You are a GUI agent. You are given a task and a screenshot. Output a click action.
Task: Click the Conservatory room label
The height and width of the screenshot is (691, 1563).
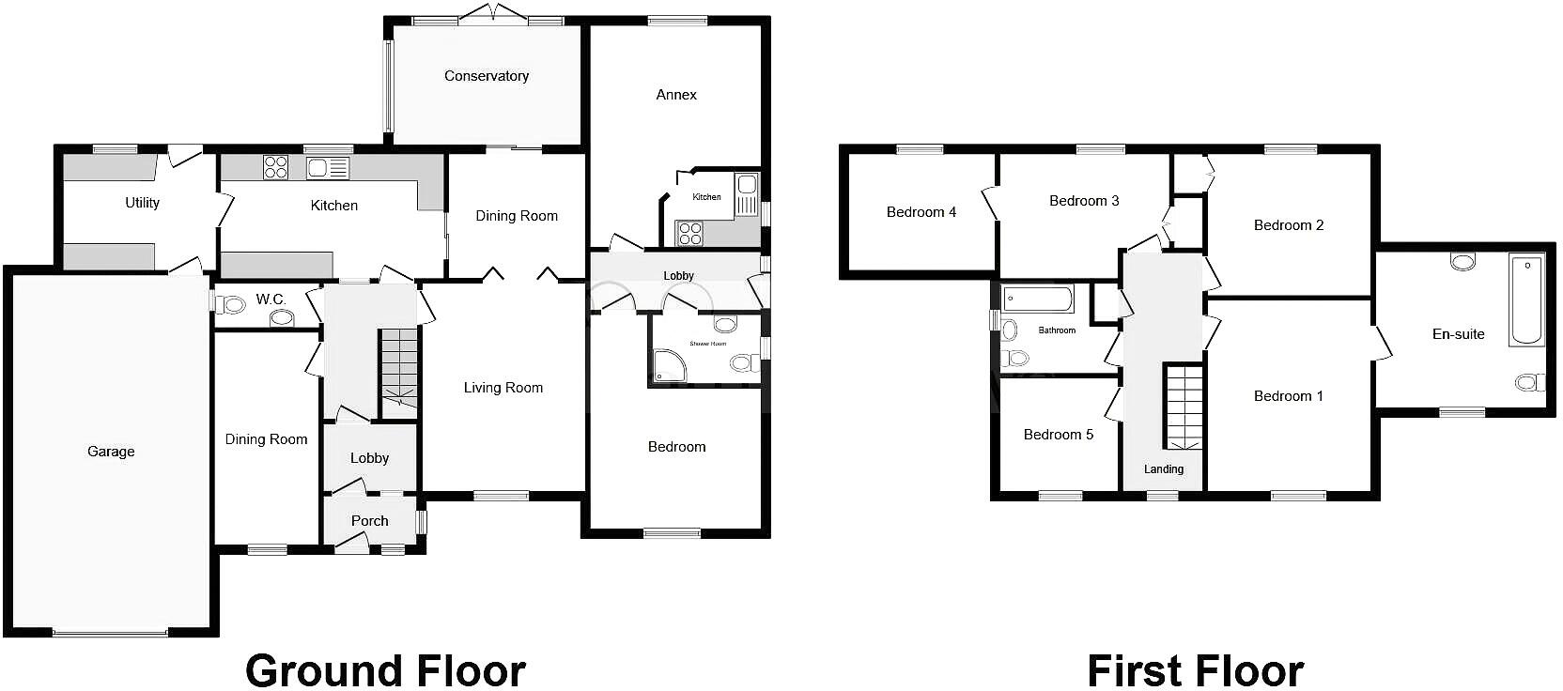487,76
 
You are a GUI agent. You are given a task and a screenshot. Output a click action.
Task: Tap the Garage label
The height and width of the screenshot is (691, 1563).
111,452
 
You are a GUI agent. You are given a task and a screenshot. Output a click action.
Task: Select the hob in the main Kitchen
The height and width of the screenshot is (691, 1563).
275,167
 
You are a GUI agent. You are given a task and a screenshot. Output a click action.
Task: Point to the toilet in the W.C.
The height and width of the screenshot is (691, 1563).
229,304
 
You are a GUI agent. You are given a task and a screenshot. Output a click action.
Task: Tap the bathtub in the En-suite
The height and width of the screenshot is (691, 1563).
1525,299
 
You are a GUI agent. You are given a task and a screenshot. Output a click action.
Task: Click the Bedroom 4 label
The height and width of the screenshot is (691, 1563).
921,212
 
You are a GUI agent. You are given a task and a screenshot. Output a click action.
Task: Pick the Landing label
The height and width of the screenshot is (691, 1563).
1164,469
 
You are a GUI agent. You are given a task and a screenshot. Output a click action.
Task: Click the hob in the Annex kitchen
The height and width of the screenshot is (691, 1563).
690,232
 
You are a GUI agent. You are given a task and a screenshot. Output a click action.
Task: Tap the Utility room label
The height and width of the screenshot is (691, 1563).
143,203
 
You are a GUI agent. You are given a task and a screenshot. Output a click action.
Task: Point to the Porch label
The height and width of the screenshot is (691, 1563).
370,521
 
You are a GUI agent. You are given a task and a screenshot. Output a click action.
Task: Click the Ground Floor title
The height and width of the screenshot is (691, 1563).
385,670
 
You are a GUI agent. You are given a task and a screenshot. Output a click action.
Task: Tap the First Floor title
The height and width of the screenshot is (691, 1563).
1195,670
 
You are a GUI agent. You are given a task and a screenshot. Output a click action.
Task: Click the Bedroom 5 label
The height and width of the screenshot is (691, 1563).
1059,435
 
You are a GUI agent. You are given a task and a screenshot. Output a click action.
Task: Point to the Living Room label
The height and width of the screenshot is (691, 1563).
503,388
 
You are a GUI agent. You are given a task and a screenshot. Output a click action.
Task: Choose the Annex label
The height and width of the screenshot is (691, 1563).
676,95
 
